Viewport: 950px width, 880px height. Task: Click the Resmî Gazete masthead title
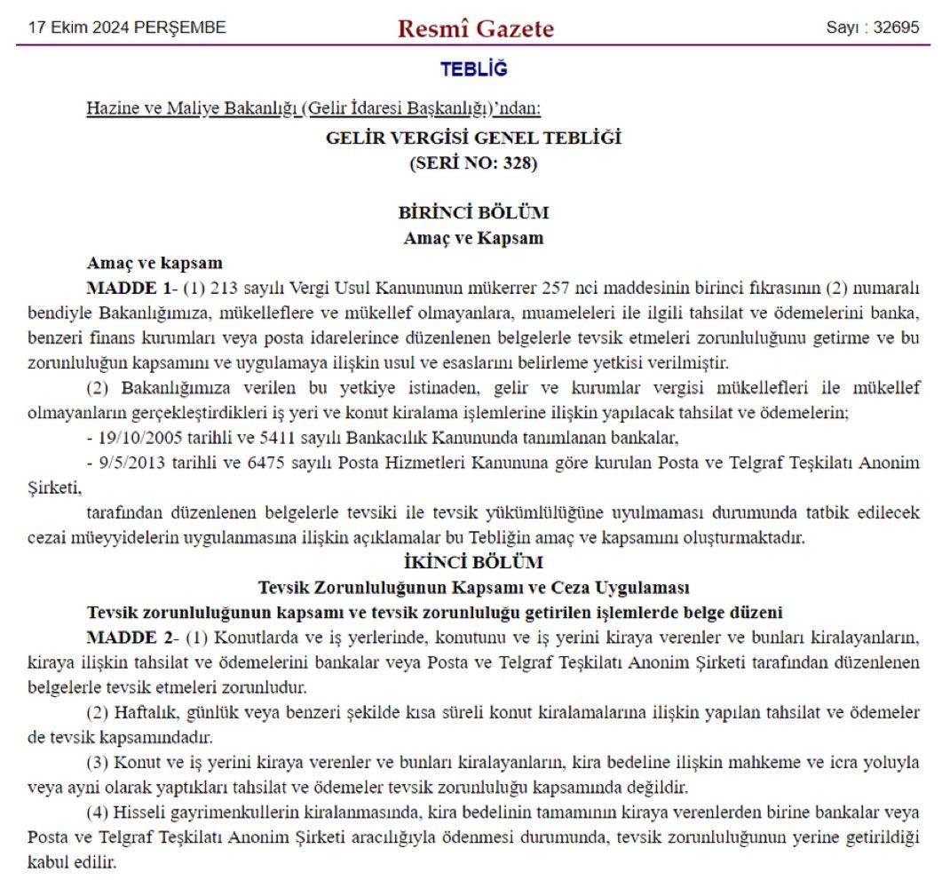coord(476,29)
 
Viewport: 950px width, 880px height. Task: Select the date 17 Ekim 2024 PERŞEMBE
coord(126,28)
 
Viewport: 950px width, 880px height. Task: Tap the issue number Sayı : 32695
coord(873,28)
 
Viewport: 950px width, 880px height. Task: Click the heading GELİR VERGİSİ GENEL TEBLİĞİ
coord(474,138)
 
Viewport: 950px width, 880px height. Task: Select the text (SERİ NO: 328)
coord(474,163)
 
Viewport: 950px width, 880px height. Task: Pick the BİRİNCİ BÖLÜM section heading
coord(474,213)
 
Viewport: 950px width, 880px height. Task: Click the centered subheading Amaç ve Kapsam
coord(474,238)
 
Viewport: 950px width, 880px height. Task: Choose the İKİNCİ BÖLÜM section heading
coord(474,562)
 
